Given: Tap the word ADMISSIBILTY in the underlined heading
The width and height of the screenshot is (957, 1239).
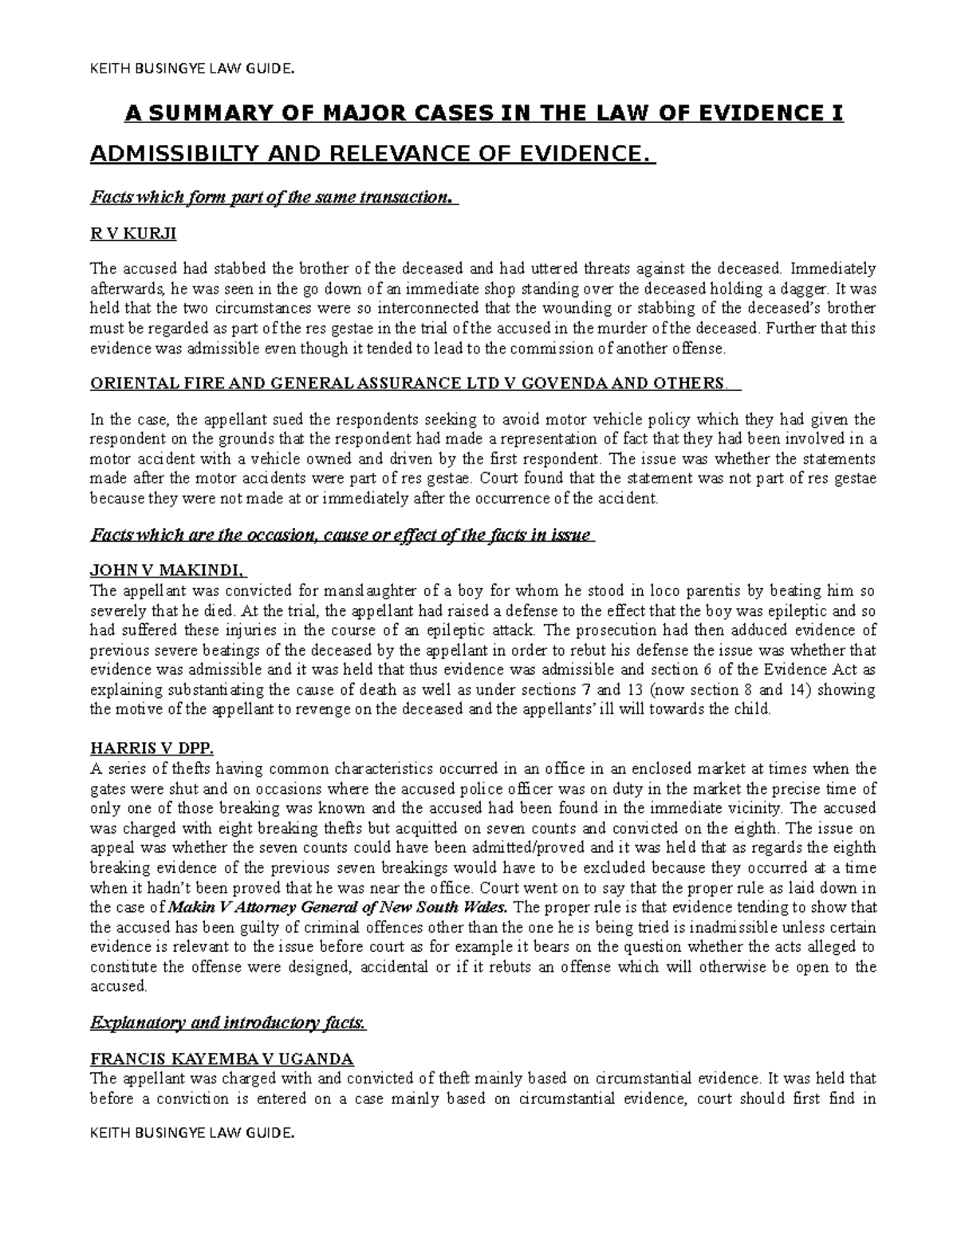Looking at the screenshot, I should click(x=166, y=152).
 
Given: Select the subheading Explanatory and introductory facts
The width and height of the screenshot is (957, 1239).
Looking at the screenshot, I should click(x=227, y=1024).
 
